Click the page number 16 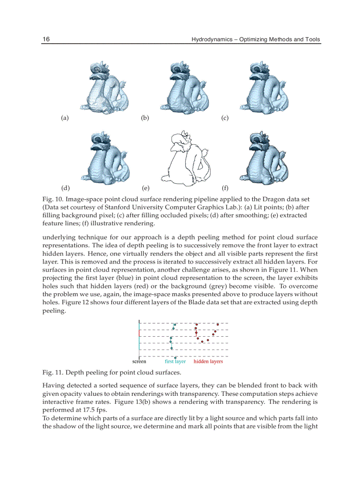[46, 39]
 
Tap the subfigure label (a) [65, 118]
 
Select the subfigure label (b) [145, 118]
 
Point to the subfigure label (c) [225, 118]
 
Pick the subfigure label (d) [65, 188]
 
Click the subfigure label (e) [145, 188]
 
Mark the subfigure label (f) [225, 188]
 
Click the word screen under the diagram [139, 361]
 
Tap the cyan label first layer [175, 361]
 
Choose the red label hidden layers [208, 361]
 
